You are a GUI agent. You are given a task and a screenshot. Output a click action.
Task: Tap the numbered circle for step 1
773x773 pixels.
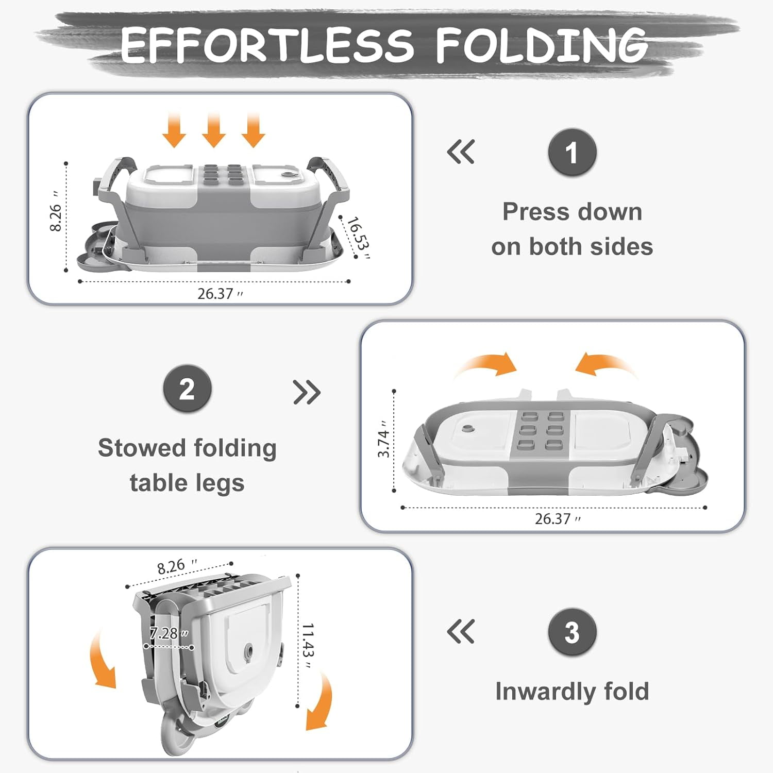[572, 153]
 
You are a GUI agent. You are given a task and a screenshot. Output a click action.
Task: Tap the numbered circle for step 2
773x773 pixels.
[187, 389]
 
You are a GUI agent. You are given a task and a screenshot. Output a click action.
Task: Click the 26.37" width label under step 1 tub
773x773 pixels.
[220, 294]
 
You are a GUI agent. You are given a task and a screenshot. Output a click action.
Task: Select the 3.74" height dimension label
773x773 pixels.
[383, 439]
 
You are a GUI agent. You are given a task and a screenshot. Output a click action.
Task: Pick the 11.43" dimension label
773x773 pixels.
[308, 646]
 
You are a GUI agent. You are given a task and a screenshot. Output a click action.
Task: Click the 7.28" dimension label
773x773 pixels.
[169, 633]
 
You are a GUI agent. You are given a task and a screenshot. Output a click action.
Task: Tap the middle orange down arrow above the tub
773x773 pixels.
[213, 130]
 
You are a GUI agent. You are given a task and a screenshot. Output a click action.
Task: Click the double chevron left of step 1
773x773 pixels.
[461, 152]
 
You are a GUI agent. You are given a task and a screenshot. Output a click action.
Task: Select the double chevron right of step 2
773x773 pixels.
[307, 393]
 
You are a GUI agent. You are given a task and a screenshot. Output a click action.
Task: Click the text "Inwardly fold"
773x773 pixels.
[572, 691]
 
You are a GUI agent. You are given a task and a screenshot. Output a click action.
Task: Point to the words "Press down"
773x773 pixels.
[572, 212]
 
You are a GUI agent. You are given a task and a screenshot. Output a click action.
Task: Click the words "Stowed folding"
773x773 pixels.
[187, 448]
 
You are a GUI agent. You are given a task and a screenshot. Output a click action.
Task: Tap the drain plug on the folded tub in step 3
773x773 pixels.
[249, 651]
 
